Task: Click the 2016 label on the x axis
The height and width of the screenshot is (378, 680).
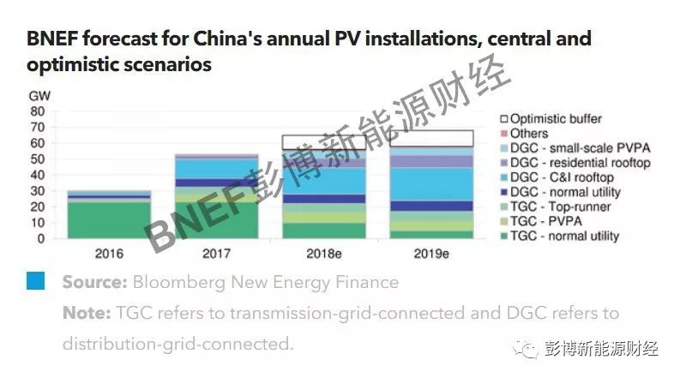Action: (110, 254)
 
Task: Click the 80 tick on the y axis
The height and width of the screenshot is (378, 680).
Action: (37, 111)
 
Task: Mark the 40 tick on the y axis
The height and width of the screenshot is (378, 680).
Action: (37, 175)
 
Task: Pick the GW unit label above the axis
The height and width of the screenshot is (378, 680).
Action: (39, 96)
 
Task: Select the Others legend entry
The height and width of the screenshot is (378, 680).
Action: (529, 134)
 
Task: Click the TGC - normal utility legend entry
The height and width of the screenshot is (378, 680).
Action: (564, 236)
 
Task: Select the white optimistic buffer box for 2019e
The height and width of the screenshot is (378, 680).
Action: (430, 138)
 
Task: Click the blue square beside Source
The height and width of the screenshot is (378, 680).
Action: (35, 281)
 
